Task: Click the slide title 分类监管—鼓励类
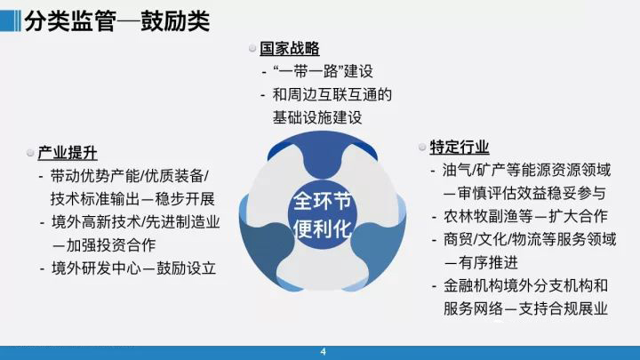coord(117,21)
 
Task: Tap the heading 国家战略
coord(290,49)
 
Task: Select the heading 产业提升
coord(68,153)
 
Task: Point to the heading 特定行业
coord(460,147)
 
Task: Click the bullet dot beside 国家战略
coord(252,49)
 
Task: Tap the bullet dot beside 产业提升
coord(30,153)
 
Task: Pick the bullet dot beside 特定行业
coord(422,147)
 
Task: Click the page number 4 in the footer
coord(324,351)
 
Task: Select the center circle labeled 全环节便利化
coord(322,215)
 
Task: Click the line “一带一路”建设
coord(323,71)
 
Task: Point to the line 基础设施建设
coord(317,117)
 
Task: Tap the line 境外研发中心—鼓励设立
coord(134,268)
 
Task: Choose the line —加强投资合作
coord(104,245)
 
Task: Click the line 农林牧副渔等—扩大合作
coord(525,216)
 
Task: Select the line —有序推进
coord(481,262)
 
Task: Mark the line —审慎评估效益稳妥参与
coord(524,193)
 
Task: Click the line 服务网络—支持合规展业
coord(525,308)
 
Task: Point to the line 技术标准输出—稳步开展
coord(132,199)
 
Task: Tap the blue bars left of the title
coord(10,20)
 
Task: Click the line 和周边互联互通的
coord(332,95)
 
